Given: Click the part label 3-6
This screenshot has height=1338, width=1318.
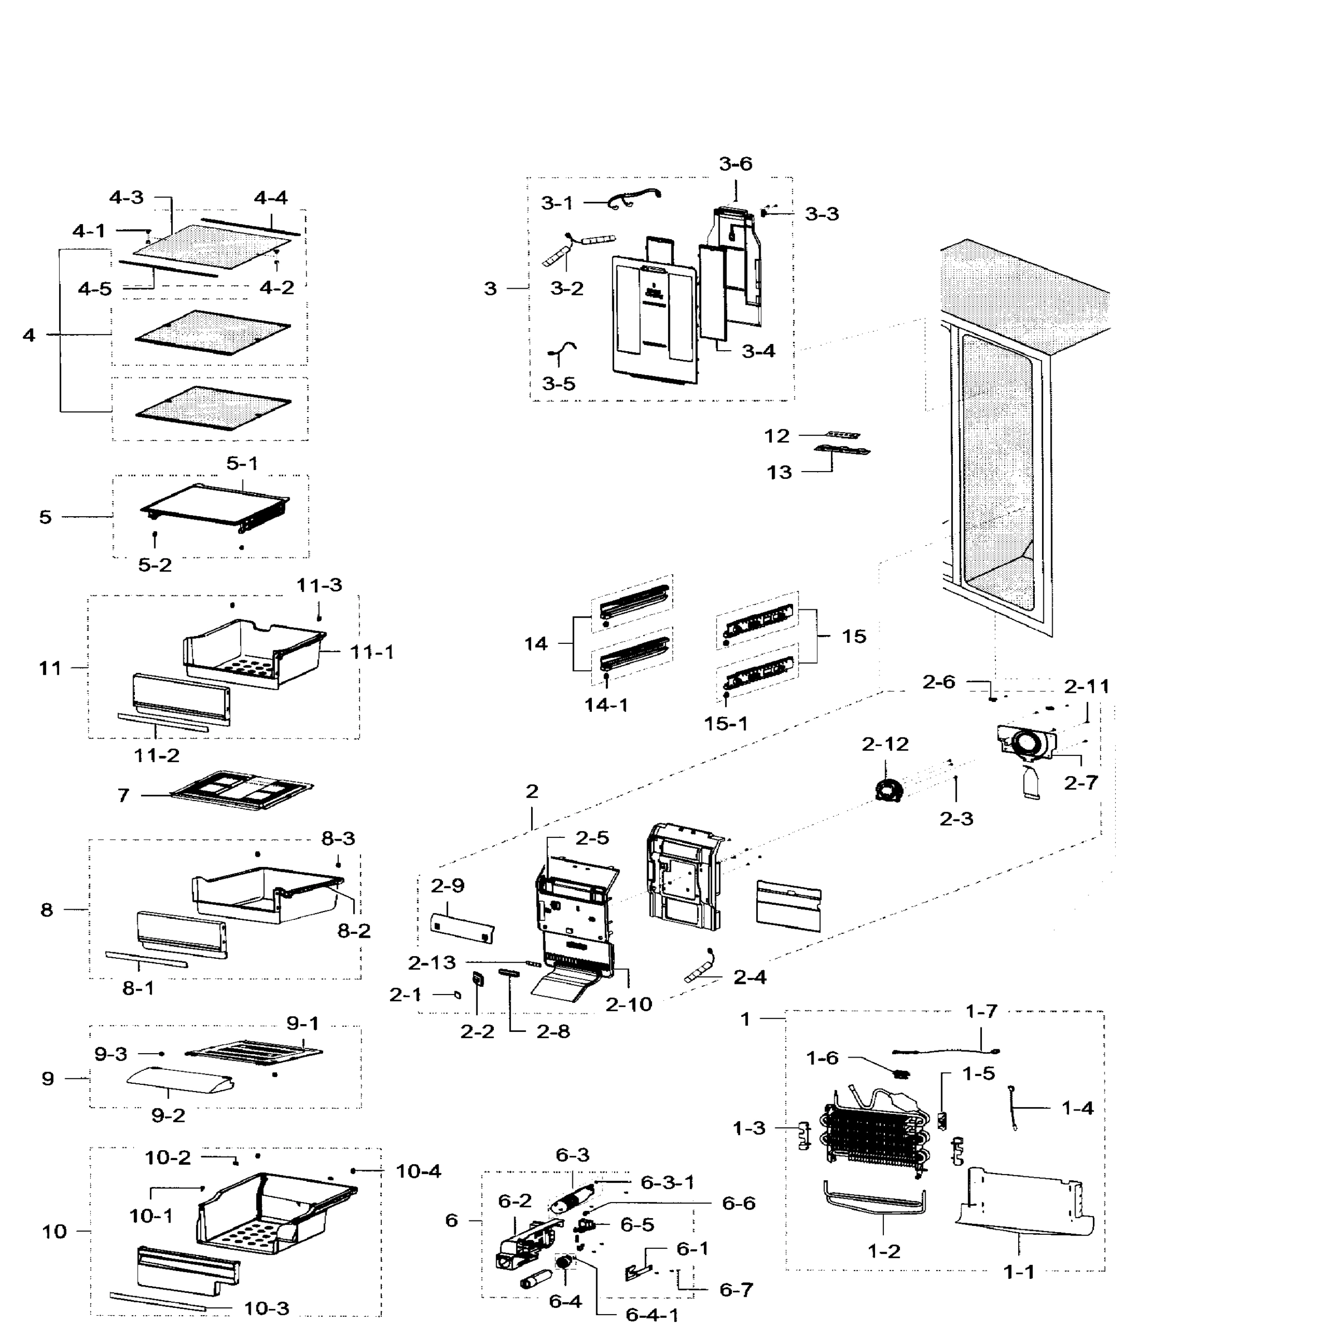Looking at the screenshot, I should point(735,164).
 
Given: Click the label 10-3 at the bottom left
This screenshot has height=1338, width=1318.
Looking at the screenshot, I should point(266,1308).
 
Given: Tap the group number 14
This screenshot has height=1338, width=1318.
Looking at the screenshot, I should point(535,644).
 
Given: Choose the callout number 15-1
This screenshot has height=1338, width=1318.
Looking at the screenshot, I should point(726,724).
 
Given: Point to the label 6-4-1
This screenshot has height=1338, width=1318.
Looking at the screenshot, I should point(651,1315).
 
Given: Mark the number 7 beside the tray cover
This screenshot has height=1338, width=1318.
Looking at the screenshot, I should point(123,795).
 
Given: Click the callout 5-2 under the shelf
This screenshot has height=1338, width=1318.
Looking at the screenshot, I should point(154,565).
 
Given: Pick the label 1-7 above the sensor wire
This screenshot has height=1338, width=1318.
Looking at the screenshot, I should point(981,1012).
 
